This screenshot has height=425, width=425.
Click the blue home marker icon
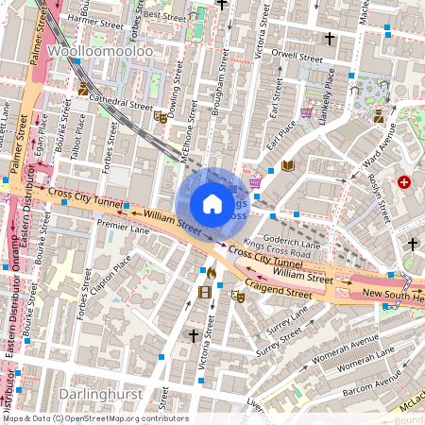coord(212,204)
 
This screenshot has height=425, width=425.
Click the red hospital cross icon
coord(405,181)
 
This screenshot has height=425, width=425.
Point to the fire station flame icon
coord(211,273)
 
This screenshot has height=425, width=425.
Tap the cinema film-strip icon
coord(205,291)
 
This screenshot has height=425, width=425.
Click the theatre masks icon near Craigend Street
coord(239,296)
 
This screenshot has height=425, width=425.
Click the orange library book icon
coord(288,166)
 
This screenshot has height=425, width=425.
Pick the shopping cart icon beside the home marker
coord(254,183)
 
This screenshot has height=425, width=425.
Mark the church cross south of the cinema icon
coord(194,335)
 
